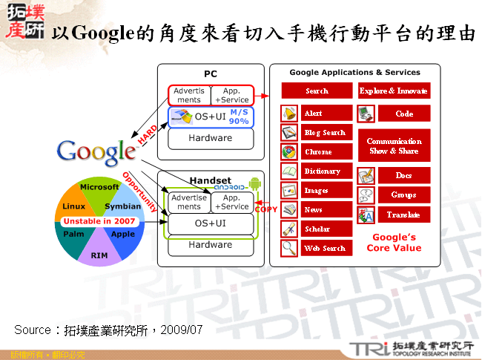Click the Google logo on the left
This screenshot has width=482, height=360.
pyautogui.click(x=96, y=151)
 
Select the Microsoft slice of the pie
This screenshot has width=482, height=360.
pyautogui.click(x=99, y=188)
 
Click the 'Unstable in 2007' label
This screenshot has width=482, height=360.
pyautogui.click(x=99, y=221)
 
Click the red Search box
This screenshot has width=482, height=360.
pyautogui.click(x=317, y=91)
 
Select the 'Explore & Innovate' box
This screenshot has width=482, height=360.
pyautogui.click(x=393, y=91)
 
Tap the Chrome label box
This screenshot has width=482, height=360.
pyautogui.click(x=327, y=151)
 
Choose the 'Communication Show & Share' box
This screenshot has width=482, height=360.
pyautogui.click(x=394, y=146)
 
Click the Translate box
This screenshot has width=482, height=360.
pyautogui.click(x=403, y=215)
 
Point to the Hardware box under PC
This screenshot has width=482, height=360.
pyautogui.click(x=210, y=138)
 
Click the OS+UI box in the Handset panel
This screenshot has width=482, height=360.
pyautogui.click(x=210, y=223)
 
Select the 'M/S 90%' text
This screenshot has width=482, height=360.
pyautogui.click(x=239, y=116)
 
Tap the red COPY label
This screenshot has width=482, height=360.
pyautogui.click(x=265, y=210)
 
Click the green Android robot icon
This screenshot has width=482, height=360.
pyautogui.click(x=255, y=183)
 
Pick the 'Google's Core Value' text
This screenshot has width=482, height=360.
pyautogui.click(x=393, y=243)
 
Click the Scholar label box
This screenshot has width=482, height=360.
pyautogui.click(x=327, y=229)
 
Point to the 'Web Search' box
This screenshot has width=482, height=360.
pyautogui.click(x=327, y=249)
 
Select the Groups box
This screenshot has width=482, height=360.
pyautogui.click(x=403, y=195)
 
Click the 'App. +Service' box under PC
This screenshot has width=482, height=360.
pyautogui.click(x=231, y=96)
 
